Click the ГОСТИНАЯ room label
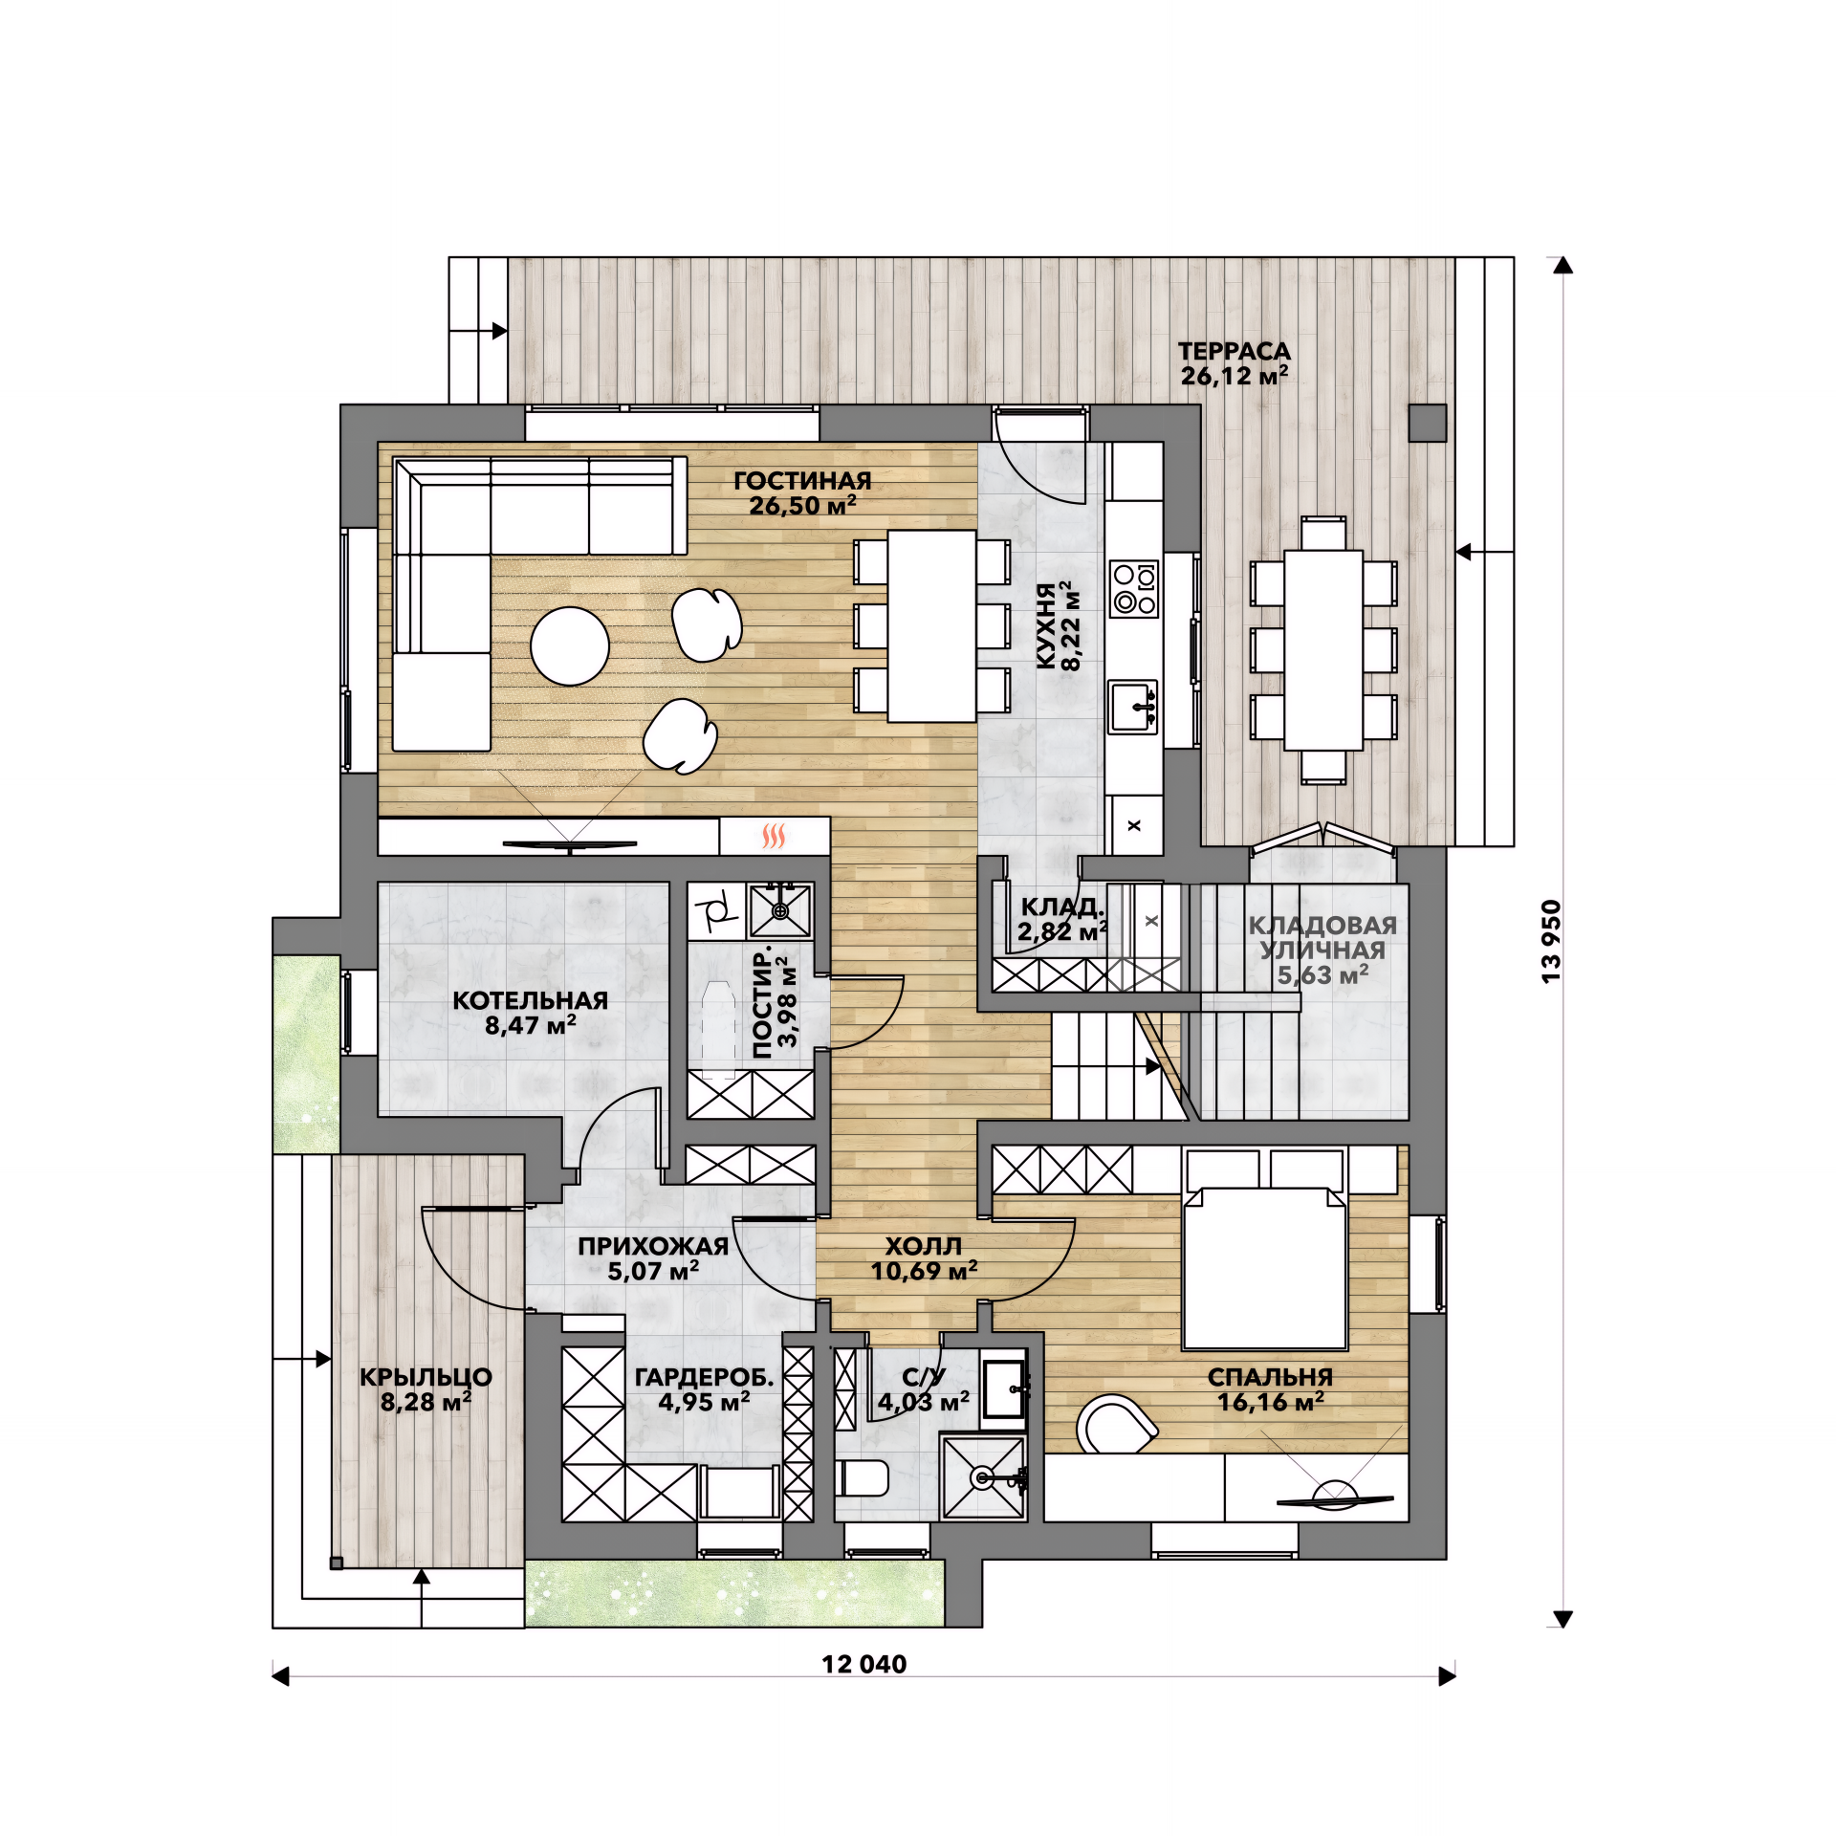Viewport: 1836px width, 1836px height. coord(802,481)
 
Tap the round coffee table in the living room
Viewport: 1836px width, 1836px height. coord(570,646)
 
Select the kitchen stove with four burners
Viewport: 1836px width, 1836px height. coord(1133,588)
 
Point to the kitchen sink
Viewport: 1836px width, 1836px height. coord(1133,706)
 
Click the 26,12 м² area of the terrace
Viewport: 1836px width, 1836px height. coord(1234,376)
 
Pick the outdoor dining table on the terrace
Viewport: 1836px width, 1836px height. coord(1323,650)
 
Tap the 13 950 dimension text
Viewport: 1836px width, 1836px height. coord(1551,941)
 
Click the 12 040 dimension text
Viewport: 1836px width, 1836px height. coord(863,1664)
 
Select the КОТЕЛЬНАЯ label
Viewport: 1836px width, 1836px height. coord(530,1000)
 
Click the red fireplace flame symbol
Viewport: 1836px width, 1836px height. coord(773,837)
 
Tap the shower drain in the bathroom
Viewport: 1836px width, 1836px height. coord(982,1477)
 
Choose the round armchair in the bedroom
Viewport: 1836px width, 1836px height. coord(1116,1424)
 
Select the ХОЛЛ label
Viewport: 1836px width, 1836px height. coord(923,1246)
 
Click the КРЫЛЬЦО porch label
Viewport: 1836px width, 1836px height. coord(426,1377)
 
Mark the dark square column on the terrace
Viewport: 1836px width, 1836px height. coord(1428,423)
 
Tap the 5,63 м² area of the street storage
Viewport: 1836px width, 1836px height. coord(1322,975)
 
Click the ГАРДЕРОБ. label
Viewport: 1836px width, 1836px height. coord(705,1377)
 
